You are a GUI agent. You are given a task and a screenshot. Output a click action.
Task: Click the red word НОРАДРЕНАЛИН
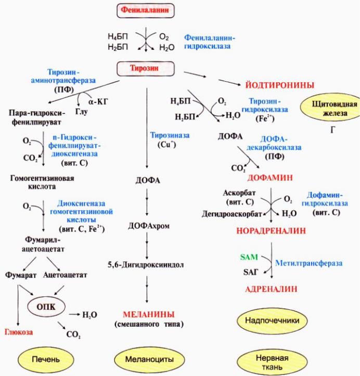pyautogui.click(x=271, y=229)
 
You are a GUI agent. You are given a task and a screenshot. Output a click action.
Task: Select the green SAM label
pyautogui.click(x=248, y=257)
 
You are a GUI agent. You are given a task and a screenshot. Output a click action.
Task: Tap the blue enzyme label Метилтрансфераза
pyautogui.click(x=309, y=263)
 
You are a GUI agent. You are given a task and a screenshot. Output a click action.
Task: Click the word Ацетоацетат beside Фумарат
pyautogui.click(x=65, y=274)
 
